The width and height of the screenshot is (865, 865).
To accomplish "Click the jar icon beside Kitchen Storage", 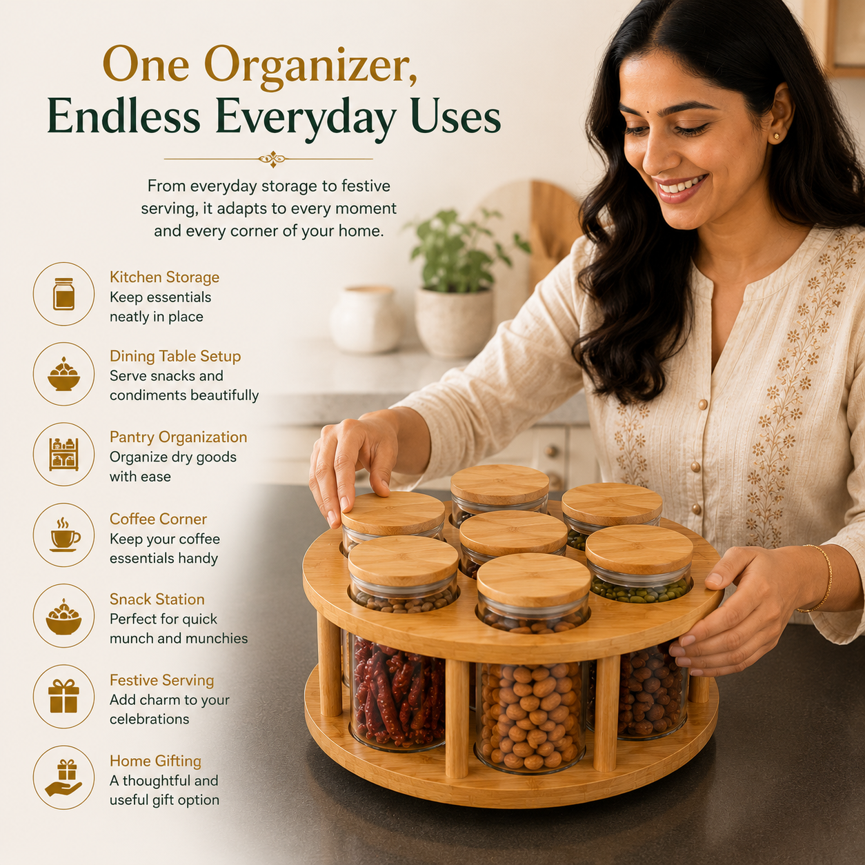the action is click(x=63, y=294).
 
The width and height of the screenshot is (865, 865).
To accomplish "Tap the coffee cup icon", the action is click(x=64, y=535).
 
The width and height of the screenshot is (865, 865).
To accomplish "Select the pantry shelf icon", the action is click(x=63, y=455).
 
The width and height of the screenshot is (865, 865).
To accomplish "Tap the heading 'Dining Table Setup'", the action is click(x=175, y=356).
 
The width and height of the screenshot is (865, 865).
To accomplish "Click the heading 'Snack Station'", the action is click(x=157, y=599).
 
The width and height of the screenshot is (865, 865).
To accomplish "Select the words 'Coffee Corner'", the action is click(x=158, y=519).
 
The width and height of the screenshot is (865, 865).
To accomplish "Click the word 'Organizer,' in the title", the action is click(x=310, y=66).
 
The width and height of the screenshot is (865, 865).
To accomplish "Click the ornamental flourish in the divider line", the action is click(x=272, y=159).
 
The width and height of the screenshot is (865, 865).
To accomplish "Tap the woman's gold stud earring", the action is click(x=777, y=136).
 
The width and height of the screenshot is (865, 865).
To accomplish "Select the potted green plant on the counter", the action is click(x=458, y=283).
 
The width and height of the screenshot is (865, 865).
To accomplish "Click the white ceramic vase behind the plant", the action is click(x=364, y=319).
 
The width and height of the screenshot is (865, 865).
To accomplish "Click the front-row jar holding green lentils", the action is click(x=639, y=565).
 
